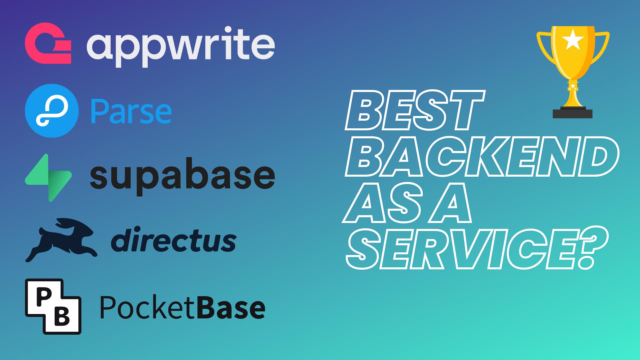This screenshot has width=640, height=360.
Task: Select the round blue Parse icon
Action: (52, 111)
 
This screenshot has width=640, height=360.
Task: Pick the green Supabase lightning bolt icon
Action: (48, 178)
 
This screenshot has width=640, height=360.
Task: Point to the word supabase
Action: (182, 176)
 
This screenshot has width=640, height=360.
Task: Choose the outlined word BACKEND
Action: (482, 156)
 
